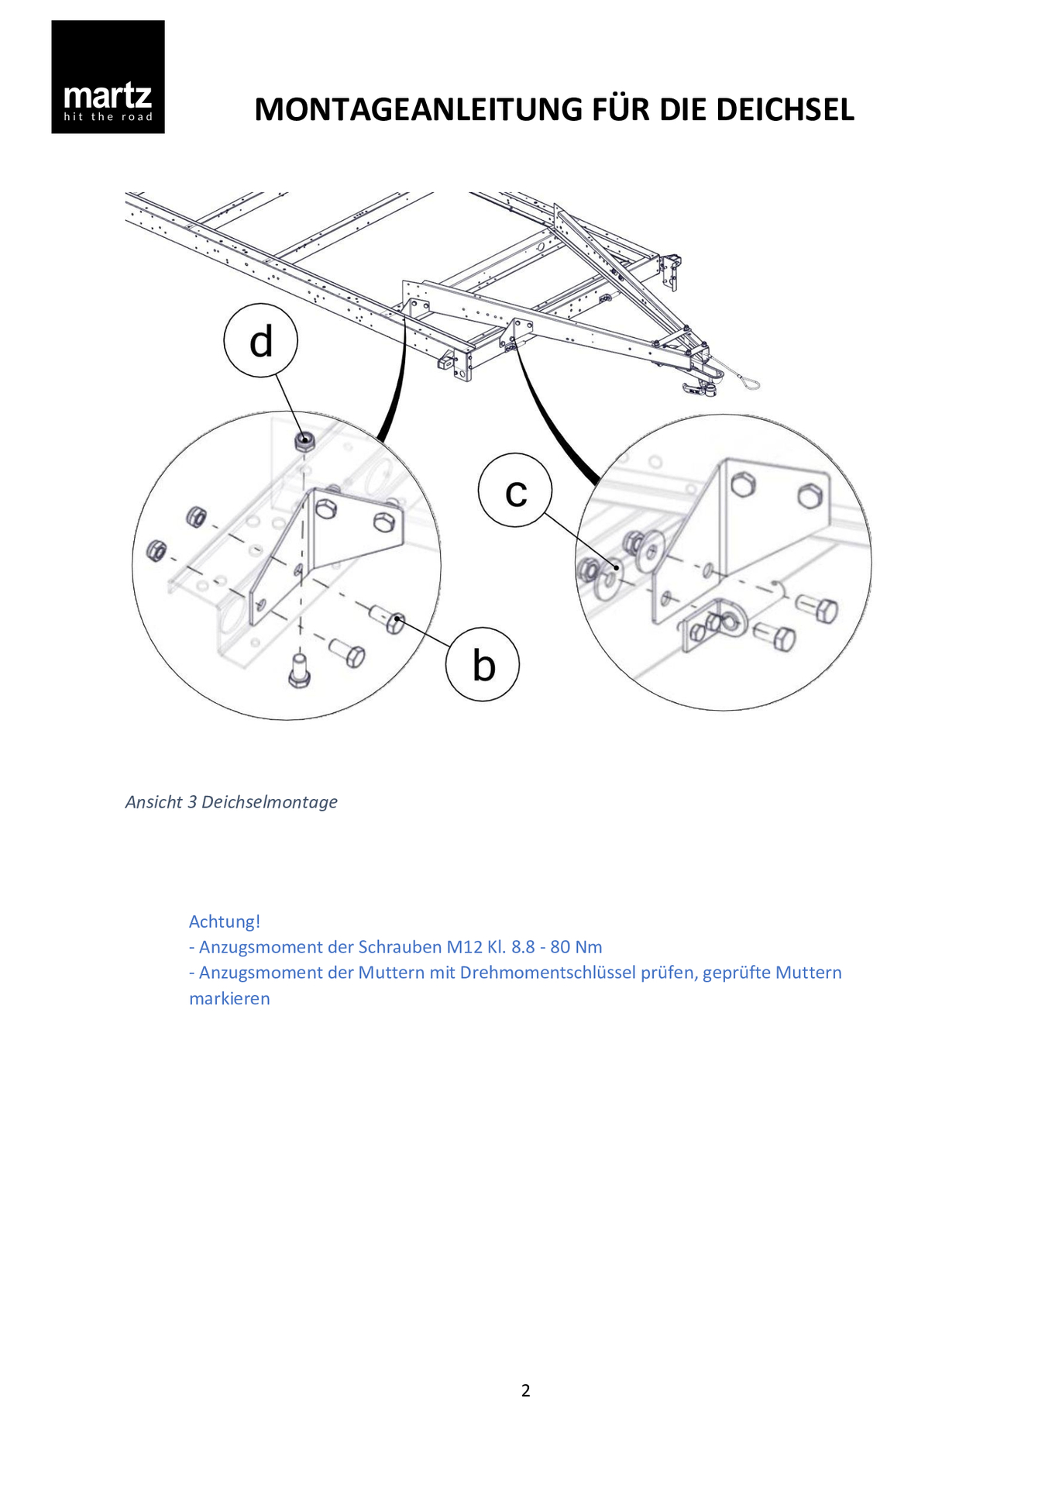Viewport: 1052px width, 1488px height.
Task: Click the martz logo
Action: pos(108,77)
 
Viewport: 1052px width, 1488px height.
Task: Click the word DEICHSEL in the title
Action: pos(785,110)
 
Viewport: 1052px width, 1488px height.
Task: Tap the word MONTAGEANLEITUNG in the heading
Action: pos(418,110)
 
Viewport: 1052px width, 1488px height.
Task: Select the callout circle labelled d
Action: pos(261,341)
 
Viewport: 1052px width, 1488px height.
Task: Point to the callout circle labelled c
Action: pos(515,491)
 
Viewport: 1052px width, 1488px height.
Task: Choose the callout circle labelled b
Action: pos(483,665)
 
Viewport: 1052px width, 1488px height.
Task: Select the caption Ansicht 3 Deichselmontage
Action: pos(231,802)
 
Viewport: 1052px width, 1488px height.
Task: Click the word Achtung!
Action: pos(225,921)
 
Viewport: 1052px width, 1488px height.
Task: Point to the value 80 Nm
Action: pos(576,947)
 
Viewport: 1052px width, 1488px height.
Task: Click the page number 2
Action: pos(526,1390)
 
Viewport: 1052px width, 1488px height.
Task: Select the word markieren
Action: pos(229,999)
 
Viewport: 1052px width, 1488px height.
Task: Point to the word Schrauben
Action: pos(400,947)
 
